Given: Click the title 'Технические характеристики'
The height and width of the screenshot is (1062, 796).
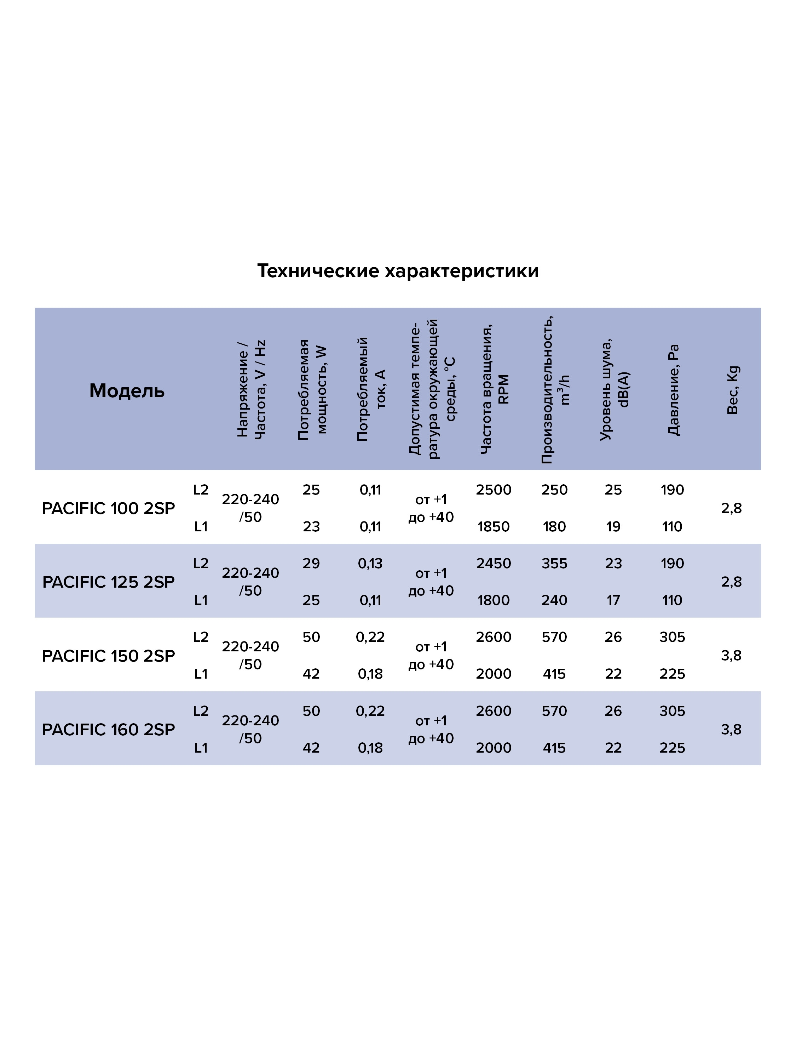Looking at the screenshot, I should (x=398, y=271).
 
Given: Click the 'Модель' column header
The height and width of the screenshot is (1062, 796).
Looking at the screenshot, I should (x=127, y=391).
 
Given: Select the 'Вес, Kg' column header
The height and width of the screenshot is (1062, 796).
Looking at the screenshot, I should (x=733, y=390).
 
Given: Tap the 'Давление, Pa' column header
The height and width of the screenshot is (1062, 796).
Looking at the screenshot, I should (x=673, y=390).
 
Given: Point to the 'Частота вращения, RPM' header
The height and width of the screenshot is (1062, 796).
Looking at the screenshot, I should (x=495, y=389).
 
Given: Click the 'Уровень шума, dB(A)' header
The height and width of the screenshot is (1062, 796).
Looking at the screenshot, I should (x=614, y=389).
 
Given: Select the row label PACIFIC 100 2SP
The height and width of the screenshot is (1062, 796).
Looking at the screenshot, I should (x=109, y=508).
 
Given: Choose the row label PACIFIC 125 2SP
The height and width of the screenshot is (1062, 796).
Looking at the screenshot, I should (x=109, y=582).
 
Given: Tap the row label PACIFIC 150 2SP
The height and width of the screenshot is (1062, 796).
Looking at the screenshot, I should (x=109, y=656).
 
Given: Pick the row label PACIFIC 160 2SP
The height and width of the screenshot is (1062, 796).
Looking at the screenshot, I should (x=109, y=730).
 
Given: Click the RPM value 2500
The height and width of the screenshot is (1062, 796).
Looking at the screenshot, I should (x=494, y=490).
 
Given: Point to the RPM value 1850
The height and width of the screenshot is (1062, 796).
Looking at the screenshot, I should (x=494, y=527).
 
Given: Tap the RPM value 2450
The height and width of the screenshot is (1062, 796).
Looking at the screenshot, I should (x=494, y=564).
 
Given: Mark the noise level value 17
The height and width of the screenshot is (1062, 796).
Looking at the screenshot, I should (x=613, y=600).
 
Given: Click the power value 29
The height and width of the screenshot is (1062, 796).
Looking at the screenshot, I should (x=311, y=564).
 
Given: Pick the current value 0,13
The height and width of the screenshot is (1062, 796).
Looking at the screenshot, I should (x=370, y=564).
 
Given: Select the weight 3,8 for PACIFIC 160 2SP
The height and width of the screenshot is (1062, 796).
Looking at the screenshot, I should (x=731, y=730).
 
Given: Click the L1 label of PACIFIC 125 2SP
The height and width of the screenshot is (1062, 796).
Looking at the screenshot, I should (x=201, y=600).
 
